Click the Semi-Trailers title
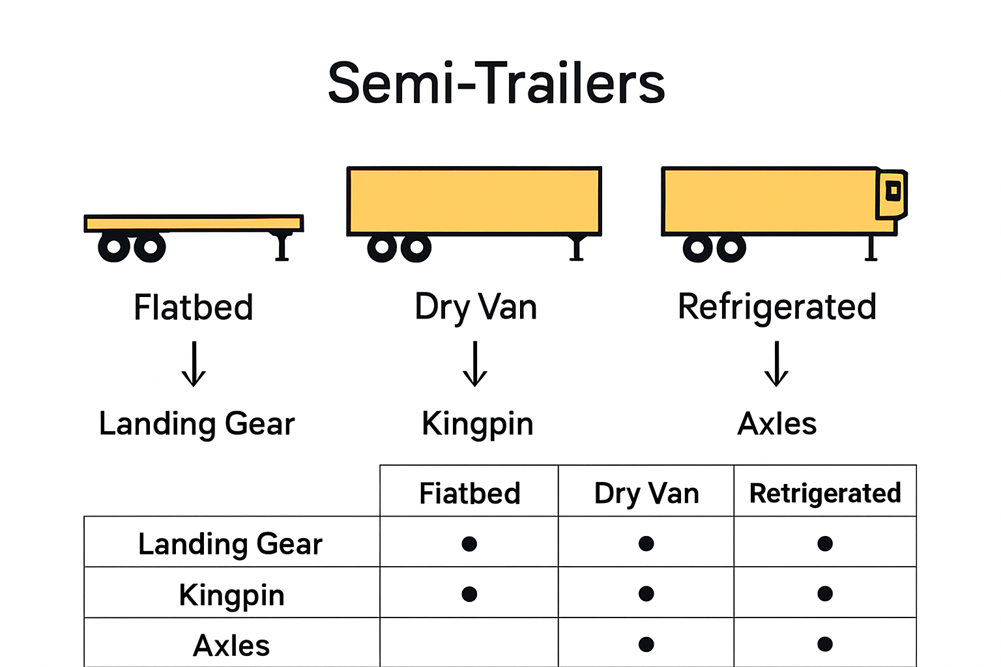tap(496, 83)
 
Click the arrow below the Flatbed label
tap(194, 364)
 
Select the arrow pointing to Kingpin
tap(475, 364)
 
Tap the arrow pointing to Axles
tap(776, 364)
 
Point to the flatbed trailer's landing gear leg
tap(282, 247)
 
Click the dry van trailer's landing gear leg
tap(576, 248)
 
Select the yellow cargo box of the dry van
tap(474, 200)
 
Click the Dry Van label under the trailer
tap(476, 307)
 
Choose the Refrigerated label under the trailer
tap(777, 307)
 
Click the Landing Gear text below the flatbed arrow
tap(197, 424)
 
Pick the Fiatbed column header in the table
tap(469, 493)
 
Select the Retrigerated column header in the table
tap(825, 493)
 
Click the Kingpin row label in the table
tap(231, 595)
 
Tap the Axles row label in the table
tap(231, 646)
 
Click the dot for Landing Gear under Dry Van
tap(646, 543)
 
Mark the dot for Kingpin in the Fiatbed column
tap(469, 594)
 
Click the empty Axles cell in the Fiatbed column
tap(469, 644)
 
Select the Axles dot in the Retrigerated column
tap(825, 644)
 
